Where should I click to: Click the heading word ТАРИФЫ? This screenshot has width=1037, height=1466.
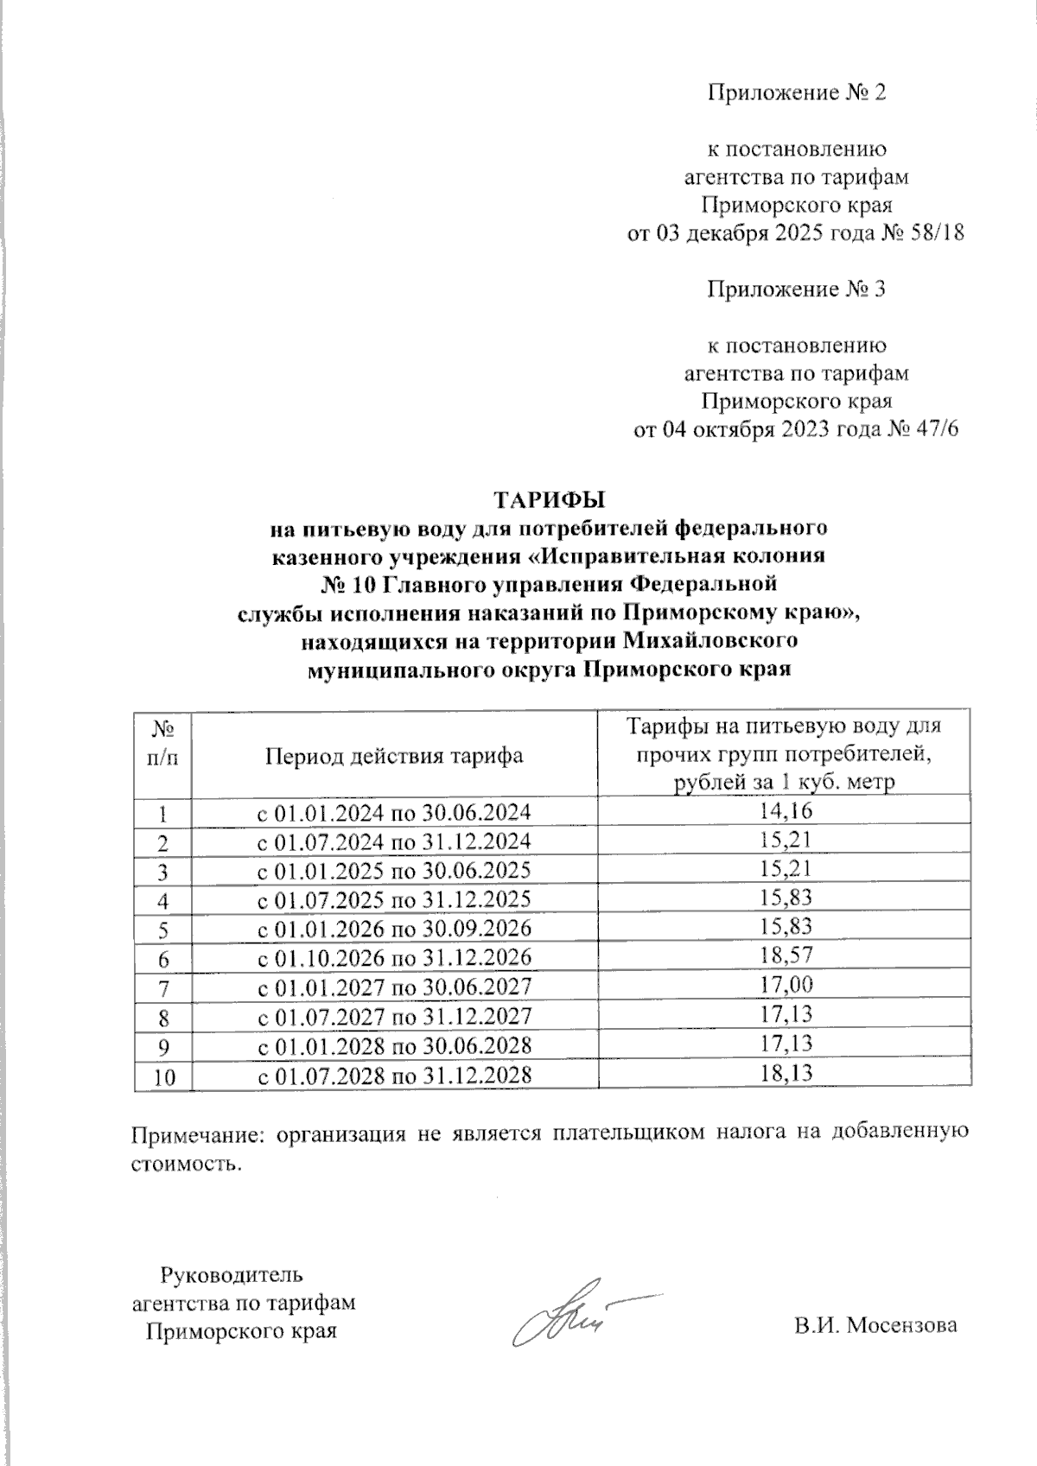(x=548, y=499)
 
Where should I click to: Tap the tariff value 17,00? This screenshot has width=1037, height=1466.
(x=785, y=985)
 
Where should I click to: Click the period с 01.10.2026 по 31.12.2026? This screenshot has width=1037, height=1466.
(x=395, y=957)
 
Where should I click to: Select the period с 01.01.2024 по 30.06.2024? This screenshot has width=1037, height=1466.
(x=395, y=812)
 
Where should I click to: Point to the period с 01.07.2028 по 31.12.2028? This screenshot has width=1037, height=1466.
(x=395, y=1075)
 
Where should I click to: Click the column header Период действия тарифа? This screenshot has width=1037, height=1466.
(x=394, y=755)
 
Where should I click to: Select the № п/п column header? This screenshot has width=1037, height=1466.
(x=163, y=745)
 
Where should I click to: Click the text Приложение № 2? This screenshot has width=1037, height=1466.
(x=797, y=92)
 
